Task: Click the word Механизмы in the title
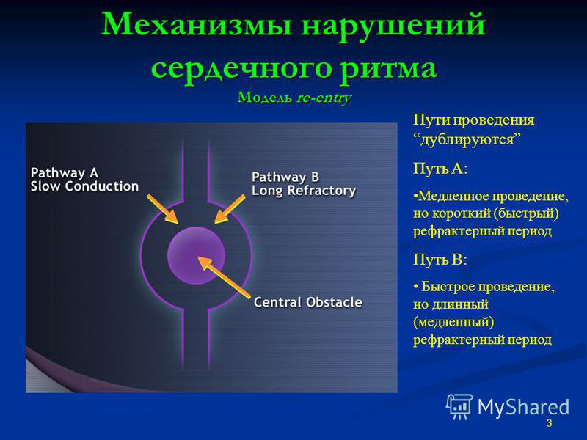197,25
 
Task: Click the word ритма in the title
389,70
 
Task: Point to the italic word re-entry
324,98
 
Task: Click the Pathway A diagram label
65,173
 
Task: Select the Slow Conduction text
84,186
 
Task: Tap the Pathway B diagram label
285,177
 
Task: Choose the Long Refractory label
304,191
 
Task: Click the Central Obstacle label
307,302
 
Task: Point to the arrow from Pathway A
162,209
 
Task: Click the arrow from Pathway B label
230,209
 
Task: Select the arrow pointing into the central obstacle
224,277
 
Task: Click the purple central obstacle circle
196,255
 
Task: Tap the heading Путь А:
440,169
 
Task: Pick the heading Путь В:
440,260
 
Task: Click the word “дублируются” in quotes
467,140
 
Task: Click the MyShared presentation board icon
459,407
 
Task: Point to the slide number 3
549,423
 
